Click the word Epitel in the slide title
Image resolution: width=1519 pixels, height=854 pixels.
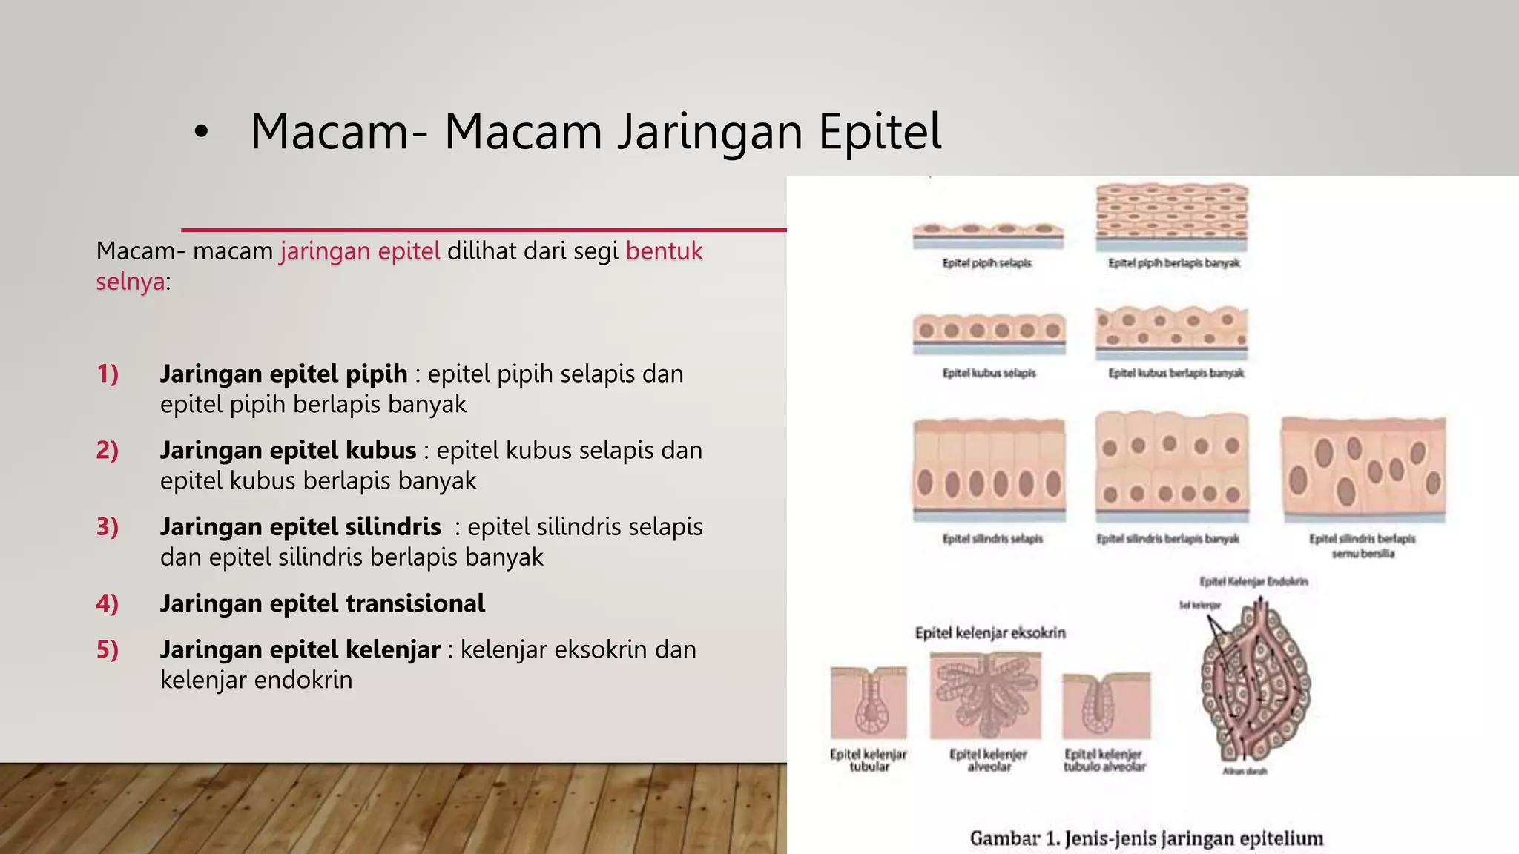pyautogui.click(x=880, y=132)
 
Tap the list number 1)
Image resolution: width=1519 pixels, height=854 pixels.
pyautogui.click(x=108, y=374)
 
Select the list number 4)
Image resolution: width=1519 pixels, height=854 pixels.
pyautogui.click(x=108, y=603)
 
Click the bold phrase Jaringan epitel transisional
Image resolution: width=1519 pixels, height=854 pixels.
pyautogui.click(x=323, y=603)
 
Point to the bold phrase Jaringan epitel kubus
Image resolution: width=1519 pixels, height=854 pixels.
pyautogui.click(x=289, y=450)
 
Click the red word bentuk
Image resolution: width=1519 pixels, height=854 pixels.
pyautogui.click(x=664, y=251)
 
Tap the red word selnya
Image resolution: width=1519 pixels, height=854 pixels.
pyautogui.click(x=131, y=282)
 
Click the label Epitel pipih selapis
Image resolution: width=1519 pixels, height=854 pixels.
pyautogui.click(x=986, y=263)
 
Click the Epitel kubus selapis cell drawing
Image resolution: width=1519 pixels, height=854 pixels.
pyautogui.click(x=989, y=332)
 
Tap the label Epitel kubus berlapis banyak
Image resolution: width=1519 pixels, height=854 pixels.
pyautogui.click(x=1176, y=373)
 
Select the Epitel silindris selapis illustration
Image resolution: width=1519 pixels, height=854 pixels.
pyautogui.click(x=989, y=469)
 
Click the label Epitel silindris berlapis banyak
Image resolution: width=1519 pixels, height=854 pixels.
pyautogui.click(x=1168, y=539)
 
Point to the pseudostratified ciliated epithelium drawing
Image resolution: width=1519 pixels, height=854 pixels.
pyautogui.click(x=1363, y=469)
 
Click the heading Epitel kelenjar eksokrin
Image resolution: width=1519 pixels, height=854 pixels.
pyautogui.click(x=990, y=633)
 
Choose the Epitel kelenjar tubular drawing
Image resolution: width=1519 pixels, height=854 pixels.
pyautogui.click(x=869, y=703)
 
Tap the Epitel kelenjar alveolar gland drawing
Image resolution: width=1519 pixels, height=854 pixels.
pyautogui.click(x=986, y=695)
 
